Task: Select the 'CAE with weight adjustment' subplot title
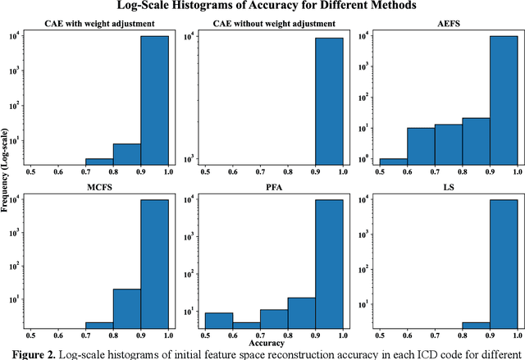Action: tap(99, 24)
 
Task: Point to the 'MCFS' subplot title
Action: tap(99, 185)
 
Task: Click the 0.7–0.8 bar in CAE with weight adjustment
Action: tap(99, 162)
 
